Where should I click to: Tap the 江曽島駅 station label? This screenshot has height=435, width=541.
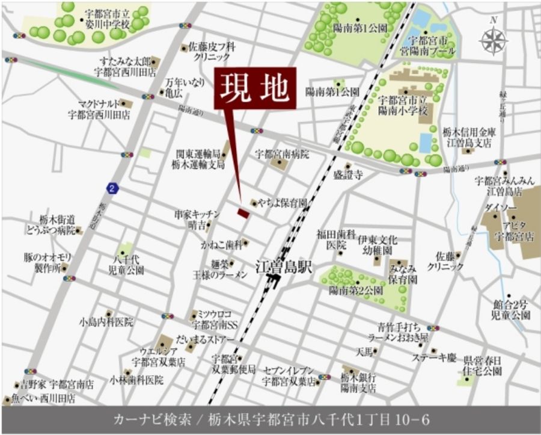[284, 267]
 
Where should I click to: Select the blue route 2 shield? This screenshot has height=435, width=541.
[112, 188]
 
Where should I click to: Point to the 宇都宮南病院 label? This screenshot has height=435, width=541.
[282, 154]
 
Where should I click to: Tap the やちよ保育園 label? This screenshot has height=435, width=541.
[283, 203]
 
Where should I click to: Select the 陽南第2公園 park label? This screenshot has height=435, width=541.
[356, 291]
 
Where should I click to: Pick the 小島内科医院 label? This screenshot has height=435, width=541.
[106, 322]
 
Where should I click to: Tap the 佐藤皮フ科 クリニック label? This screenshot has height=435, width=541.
[212, 51]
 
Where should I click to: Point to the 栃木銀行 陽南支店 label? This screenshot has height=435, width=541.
[358, 383]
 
